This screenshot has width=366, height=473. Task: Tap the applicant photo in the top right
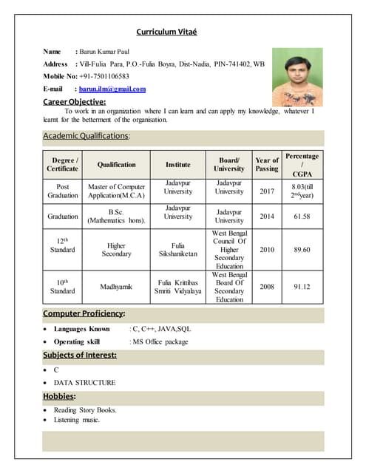coord(297,77)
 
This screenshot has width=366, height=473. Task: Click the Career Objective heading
coord(75,101)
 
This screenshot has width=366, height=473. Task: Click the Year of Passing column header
coord(267,164)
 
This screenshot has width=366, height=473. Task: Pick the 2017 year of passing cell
coord(267,191)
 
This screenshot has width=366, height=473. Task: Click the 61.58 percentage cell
coord(302,217)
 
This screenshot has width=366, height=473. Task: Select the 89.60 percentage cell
coord(302,250)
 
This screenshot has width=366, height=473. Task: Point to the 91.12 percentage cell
coord(302,286)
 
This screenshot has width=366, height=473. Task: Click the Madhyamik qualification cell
coord(116,286)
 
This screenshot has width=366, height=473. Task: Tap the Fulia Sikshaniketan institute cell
coord(178,250)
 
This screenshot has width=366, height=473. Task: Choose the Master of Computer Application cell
coord(116,191)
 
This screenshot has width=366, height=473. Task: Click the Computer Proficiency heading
coord(84,313)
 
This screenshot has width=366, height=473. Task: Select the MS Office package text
coord(159,341)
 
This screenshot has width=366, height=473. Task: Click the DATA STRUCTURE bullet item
coord(84,382)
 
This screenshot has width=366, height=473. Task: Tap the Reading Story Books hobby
coord(85,409)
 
